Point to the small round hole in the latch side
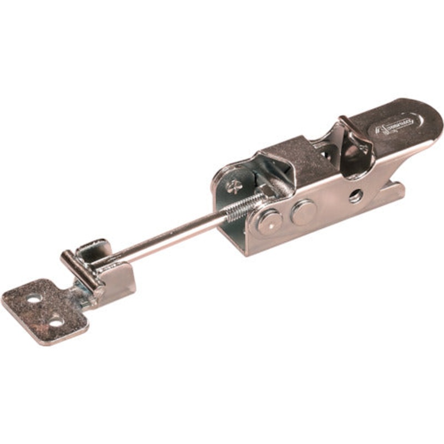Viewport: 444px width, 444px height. tap(355, 195)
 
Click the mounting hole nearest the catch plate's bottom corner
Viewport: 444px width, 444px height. tap(56, 321)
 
